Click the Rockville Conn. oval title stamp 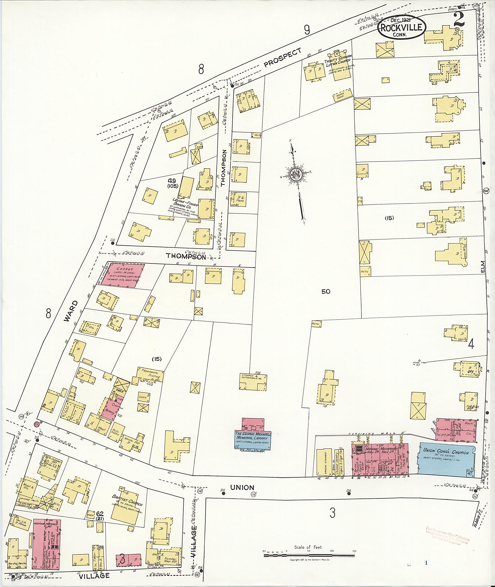click(x=401, y=27)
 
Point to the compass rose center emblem click(x=296, y=174)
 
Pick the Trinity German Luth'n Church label click(x=338, y=63)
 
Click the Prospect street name click(x=283, y=57)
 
